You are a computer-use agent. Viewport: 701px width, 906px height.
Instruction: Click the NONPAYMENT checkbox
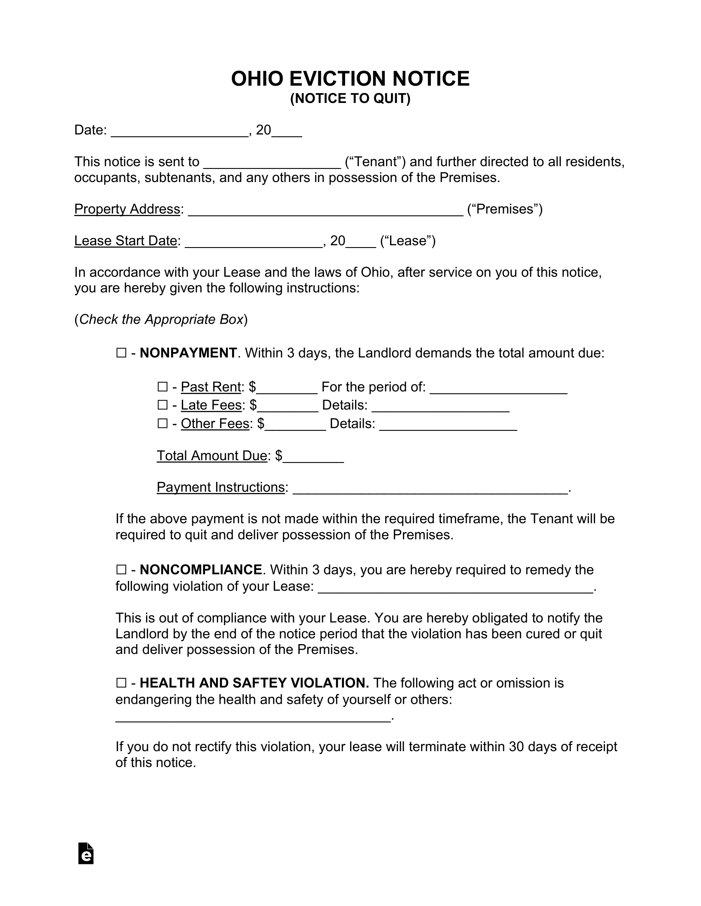click(121, 353)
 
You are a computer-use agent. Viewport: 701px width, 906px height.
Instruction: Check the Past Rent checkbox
click(162, 387)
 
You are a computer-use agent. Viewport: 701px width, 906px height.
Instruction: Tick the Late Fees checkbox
click(162, 405)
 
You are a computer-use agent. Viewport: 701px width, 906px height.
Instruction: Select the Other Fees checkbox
click(162, 423)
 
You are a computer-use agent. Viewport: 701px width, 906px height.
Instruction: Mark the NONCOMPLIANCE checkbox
click(121, 570)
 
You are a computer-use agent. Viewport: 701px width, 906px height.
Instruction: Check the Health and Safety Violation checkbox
click(121, 683)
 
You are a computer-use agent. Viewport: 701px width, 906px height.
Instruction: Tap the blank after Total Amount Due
click(313, 457)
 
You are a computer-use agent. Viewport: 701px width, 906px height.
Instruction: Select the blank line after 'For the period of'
click(499, 389)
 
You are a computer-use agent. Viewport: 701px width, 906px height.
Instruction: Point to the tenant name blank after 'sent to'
click(272, 163)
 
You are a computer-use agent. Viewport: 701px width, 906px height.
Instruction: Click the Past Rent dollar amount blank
click(287, 389)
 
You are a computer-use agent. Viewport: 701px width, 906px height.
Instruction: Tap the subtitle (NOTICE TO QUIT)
click(350, 99)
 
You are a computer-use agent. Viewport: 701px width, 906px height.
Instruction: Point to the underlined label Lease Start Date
click(126, 241)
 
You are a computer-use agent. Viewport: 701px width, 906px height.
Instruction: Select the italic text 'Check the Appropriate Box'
click(161, 320)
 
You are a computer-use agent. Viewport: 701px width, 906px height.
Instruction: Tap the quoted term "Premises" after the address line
click(505, 209)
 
